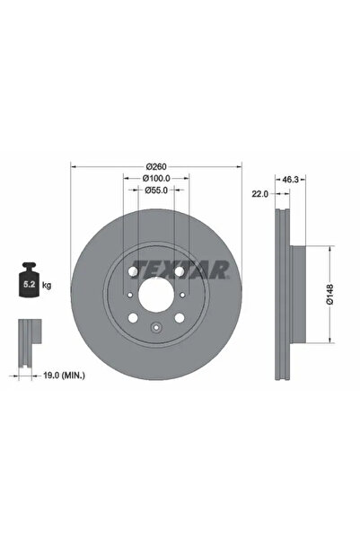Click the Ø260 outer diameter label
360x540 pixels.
tap(156, 165)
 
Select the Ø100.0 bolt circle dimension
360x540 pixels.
tap(156, 178)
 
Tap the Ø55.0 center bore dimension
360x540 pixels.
tap(156, 190)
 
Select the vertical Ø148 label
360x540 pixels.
tap(330, 296)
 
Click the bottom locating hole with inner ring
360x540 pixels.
tap(156, 328)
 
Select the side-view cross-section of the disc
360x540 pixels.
tap(285, 296)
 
